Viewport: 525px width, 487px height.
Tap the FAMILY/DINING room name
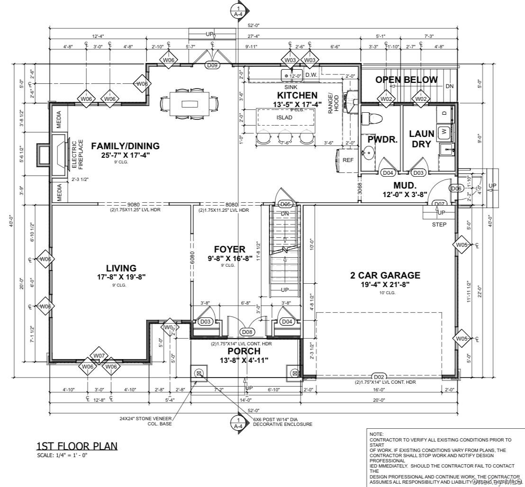(x=126, y=146)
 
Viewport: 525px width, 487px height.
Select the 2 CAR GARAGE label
(x=385, y=275)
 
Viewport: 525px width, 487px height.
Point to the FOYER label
(x=229, y=250)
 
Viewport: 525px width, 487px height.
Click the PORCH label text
(x=244, y=351)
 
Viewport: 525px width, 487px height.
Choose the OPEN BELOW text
(x=407, y=80)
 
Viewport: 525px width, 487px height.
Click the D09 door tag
(x=212, y=66)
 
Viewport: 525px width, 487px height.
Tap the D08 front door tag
(x=247, y=332)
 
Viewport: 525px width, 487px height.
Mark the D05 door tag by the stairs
(x=285, y=204)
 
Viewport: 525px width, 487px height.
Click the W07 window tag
(x=99, y=356)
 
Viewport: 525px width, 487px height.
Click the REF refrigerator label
(x=348, y=160)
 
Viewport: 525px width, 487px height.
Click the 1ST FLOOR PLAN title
(x=77, y=446)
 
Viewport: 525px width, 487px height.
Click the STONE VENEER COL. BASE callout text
(x=145, y=421)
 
